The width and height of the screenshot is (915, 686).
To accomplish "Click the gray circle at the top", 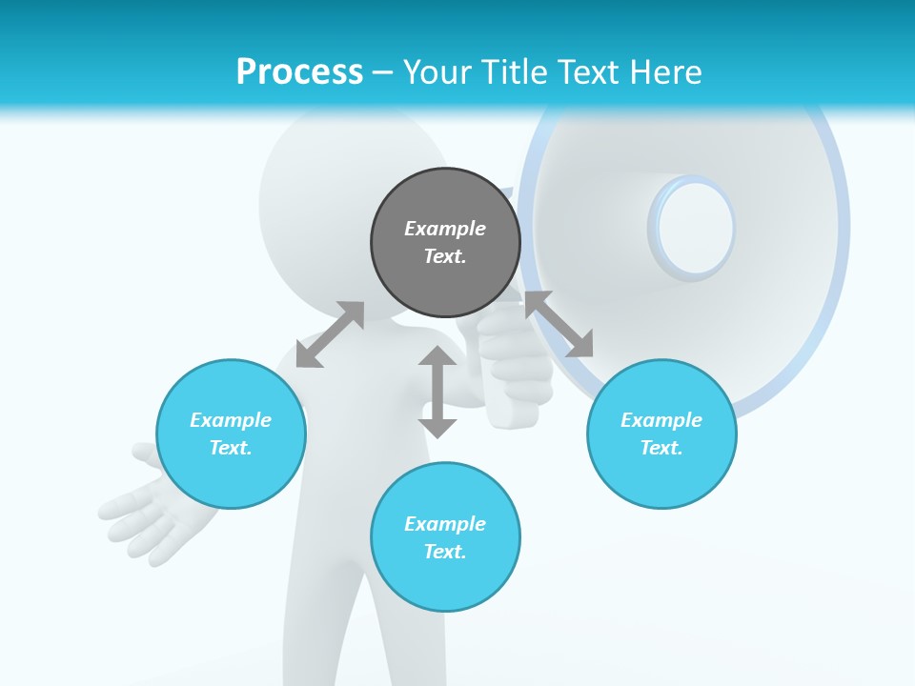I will (445, 243).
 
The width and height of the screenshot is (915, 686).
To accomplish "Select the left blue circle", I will (231, 434).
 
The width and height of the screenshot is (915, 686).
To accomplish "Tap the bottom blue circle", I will (445, 537).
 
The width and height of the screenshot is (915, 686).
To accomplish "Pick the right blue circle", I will (661, 434).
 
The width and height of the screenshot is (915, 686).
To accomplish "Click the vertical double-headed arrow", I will (437, 392).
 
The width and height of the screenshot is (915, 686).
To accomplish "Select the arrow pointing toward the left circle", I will (330, 334).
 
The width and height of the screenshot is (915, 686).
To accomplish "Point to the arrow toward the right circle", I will (559, 324).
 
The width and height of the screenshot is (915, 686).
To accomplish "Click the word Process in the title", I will (299, 71).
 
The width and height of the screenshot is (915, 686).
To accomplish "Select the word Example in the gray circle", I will (445, 229).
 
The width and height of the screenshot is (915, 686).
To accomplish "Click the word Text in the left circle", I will (231, 448).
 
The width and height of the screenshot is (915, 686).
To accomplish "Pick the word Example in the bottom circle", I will (445, 523).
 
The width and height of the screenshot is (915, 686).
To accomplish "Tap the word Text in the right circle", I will (661, 448).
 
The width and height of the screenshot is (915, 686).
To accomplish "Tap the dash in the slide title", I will (382, 71).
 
